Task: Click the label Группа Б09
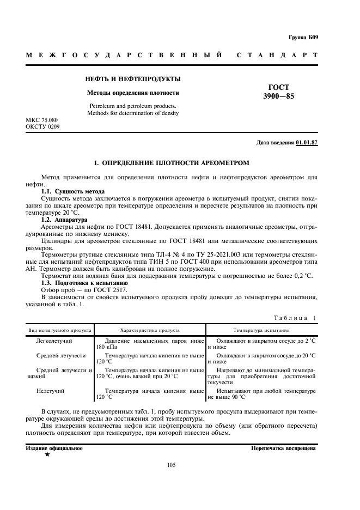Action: (x=303, y=37)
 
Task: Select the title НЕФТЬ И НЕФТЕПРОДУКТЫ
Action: (x=133, y=80)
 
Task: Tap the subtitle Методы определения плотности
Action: (x=133, y=93)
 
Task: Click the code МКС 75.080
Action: (x=42, y=119)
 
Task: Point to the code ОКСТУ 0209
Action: (x=43, y=126)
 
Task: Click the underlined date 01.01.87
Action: (x=307, y=143)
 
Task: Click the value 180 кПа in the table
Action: (x=107, y=347)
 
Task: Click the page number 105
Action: (x=171, y=465)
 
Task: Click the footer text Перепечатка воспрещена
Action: (x=283, y=448)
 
